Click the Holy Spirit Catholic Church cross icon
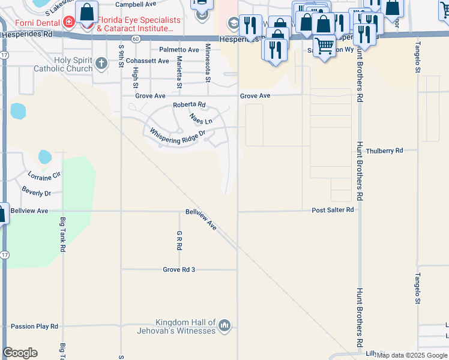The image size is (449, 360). point(102,63)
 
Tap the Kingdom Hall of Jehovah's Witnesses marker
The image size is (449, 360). point(225,326)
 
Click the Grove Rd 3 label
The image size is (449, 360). point(179,269)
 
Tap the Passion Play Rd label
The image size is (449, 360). point(34,326)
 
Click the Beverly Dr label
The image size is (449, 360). point(37,193)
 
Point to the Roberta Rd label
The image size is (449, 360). point(189,105)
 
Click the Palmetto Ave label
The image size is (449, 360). point(179,50)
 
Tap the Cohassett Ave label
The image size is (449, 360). point(146,61)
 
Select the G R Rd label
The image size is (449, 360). point(179,241)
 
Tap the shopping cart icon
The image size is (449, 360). point(325,46)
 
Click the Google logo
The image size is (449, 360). point(20,352)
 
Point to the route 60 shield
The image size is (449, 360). point(137,38)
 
